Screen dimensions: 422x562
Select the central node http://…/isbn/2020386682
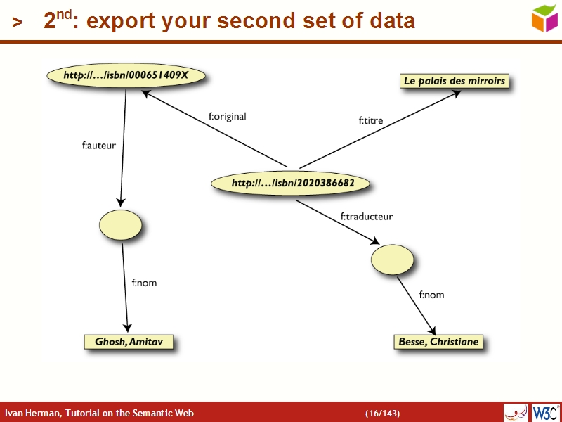coord(292,184)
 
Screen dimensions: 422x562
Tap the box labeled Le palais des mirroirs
coord(454,81)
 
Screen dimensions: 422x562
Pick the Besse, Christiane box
coord(438,342)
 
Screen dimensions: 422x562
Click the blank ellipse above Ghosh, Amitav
coord(121,225)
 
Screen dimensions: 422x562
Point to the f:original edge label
coord(227,117)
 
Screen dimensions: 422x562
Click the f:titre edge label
coord(371,121)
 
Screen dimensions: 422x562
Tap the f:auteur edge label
coord(99,146)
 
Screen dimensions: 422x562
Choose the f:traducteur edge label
coord(367,217)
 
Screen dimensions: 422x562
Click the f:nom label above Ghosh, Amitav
coord(144,283)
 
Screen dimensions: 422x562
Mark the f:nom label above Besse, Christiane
coord(431,295)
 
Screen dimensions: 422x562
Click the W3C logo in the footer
coord(545,412)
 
